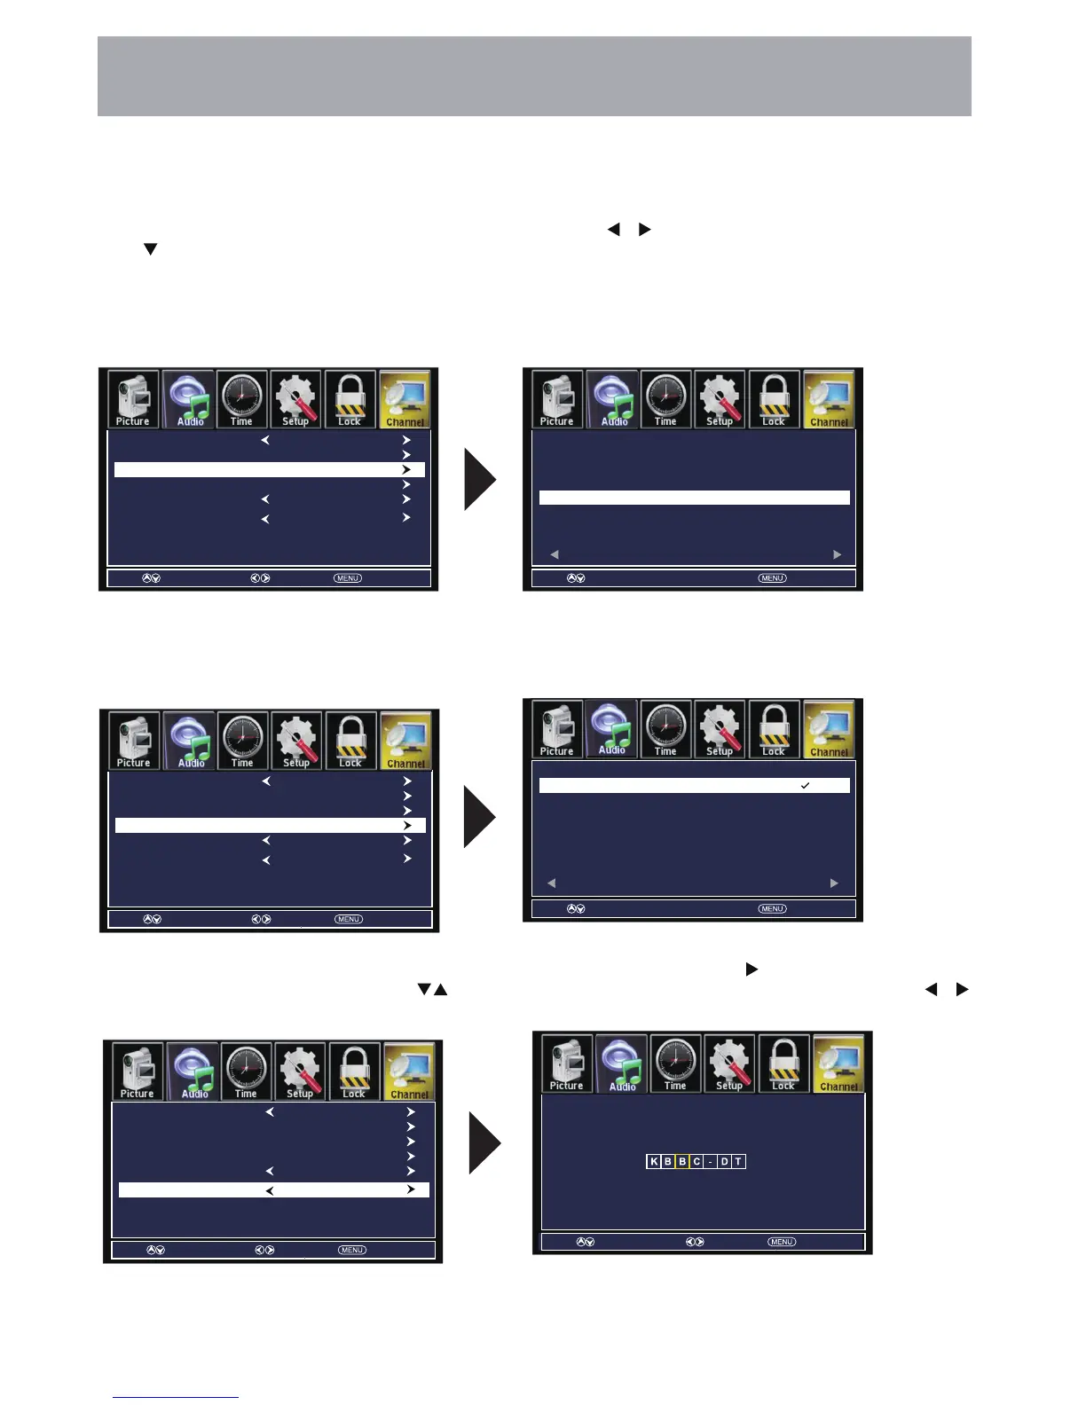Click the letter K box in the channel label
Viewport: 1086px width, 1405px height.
(654, 1161)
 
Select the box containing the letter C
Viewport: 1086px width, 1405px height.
(696, 1161)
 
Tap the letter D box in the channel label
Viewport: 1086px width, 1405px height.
(724, 1161)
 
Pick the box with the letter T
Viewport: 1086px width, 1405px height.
(738, 1161)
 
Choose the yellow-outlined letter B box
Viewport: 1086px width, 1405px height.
(682, 1161)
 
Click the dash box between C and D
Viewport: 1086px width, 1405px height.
(711, 1161)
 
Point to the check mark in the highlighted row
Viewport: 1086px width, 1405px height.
(805, 786)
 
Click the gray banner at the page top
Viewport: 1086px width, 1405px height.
(534, 76)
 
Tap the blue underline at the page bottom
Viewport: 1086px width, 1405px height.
(176, 1397)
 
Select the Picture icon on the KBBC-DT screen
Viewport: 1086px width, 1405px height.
(567, 1064)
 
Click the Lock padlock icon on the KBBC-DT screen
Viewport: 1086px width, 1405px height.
(783, 1064)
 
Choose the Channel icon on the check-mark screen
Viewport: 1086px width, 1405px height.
(829, 729)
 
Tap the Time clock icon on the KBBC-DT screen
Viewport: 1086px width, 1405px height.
(675, 1064)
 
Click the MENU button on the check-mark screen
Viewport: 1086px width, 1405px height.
(772, 908)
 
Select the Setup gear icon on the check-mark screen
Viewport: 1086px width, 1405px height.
(720, 729)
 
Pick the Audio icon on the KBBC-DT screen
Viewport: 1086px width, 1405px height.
(621, 1064)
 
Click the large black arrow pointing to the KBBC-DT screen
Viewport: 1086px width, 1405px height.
(484, 1143)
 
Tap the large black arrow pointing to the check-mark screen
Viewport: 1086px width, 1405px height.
(478, 816)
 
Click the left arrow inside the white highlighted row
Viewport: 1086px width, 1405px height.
(269, 1190)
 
